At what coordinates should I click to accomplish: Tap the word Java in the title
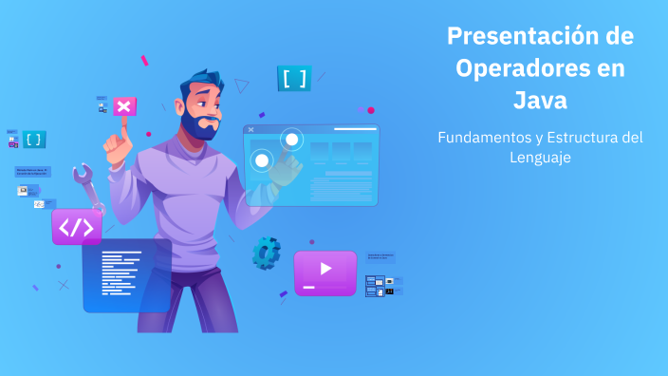(x=540, y=100)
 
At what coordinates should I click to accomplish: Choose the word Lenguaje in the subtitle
(x=540, y=158)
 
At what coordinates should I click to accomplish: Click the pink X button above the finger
(x=124, y=105)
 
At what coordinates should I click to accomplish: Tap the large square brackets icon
(x=294, y=78)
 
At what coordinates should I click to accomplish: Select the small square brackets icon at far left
(x=34, y=140)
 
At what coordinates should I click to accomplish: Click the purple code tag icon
(x=77, y=228)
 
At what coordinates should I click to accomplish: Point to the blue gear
(x=266, y=252)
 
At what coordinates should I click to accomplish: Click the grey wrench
(x=87, y=184)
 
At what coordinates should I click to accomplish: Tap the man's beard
(x=202, y=124)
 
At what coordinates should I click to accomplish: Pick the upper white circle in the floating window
(x=291, y=141)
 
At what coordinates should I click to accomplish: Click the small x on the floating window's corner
(x=250, y=129)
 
